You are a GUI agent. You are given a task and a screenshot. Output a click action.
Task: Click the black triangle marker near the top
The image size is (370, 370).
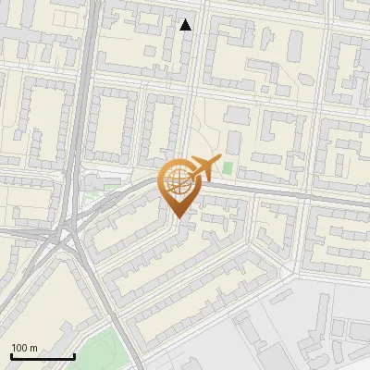pos(186,25)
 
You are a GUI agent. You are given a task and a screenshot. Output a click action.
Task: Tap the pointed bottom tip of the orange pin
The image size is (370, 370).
pos(178,218)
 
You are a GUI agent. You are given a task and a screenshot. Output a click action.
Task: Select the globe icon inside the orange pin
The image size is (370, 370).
pos(177,182)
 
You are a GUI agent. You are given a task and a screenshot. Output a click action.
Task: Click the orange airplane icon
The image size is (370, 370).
pos(203,168)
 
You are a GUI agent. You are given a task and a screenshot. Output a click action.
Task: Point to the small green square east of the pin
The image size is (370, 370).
pos(228,168)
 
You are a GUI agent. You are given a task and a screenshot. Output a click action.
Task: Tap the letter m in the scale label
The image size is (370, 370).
pos(34,348)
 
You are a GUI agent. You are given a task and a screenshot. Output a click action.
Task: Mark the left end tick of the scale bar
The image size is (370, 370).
pos(11,356)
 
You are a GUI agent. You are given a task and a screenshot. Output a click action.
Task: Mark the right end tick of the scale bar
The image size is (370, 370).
pos(74,356)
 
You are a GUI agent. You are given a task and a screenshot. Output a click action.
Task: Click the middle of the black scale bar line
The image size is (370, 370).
pos(43,357)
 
